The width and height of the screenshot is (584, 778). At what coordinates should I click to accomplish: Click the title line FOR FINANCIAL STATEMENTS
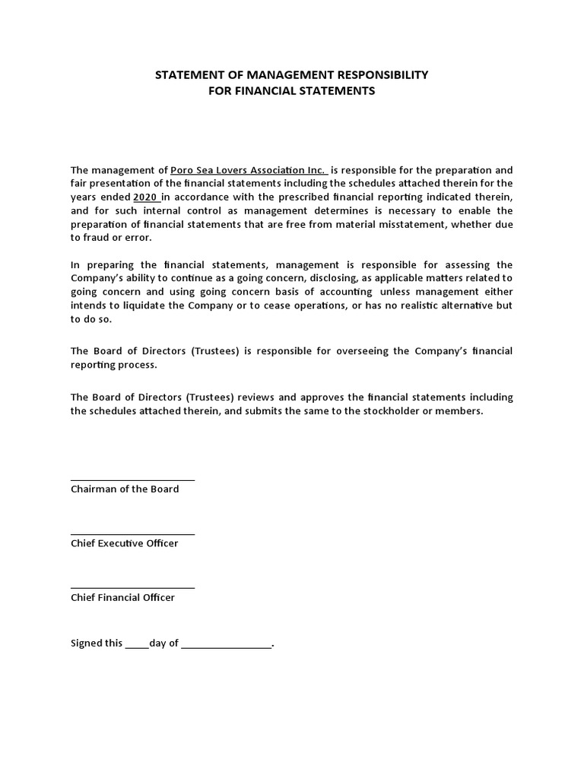pos(292,91)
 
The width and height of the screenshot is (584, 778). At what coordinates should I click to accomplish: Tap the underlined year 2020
pos(145,197)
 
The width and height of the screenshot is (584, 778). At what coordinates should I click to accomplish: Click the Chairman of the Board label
pos(125,489)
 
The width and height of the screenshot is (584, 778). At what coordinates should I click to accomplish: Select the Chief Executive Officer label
pos(125,543)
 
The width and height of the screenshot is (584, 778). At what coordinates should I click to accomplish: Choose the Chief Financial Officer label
pos(122,598)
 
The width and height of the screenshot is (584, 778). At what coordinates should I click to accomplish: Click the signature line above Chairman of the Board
pos(132,479)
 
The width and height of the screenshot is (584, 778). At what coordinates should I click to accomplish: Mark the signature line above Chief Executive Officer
pos(132,533)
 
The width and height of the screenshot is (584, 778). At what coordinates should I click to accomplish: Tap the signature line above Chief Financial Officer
pos(132,587)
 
